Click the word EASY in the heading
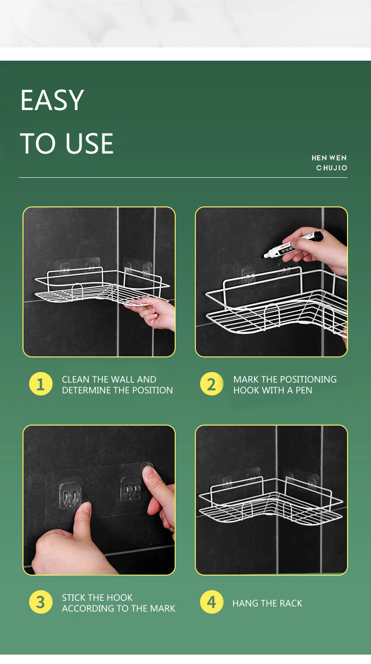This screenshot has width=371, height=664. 52,100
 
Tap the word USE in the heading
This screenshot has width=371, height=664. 89,143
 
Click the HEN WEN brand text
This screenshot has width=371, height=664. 329,158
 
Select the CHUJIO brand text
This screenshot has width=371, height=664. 332,168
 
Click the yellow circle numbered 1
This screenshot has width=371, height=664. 41,384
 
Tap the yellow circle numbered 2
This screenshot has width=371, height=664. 211,384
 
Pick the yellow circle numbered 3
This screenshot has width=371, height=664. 41,602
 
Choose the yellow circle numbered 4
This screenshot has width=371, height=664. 211,602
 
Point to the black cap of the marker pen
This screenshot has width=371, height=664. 318,236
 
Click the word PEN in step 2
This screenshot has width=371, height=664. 304,390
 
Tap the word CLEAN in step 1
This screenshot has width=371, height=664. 76,379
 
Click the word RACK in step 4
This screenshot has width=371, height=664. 291,603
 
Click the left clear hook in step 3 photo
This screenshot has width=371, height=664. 71,496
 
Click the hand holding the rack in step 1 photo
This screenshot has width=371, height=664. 153,313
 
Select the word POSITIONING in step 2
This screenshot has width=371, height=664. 308,379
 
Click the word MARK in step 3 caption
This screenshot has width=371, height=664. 162,609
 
